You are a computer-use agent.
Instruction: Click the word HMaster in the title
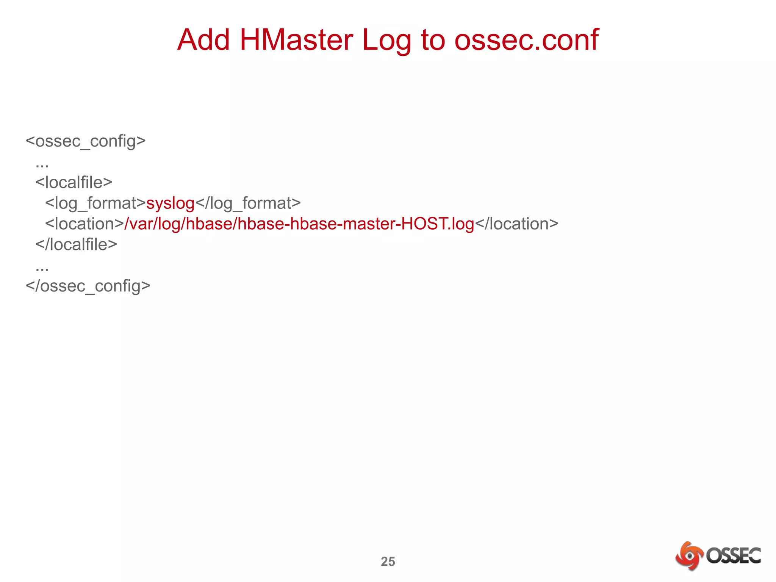[296, 40]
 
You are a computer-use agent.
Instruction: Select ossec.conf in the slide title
[526, 40]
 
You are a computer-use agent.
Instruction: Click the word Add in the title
[203, 40]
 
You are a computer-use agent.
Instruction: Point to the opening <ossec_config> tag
[86, 141]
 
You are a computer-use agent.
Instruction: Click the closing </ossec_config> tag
[88, 286]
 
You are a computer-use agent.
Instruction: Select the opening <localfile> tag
[74, 183]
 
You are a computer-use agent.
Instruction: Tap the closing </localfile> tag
[76, 245]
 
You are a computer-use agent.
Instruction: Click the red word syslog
[171, 203]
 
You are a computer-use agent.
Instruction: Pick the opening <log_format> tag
[95, 203]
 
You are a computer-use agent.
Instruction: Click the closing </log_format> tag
[248, 203]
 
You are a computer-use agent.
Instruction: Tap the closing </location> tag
[516, 224]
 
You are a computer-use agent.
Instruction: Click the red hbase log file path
[299, 224]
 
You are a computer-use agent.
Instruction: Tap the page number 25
[388, 561]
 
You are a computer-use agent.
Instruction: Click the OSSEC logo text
[733, 556]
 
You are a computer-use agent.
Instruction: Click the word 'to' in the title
[433, 40]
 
